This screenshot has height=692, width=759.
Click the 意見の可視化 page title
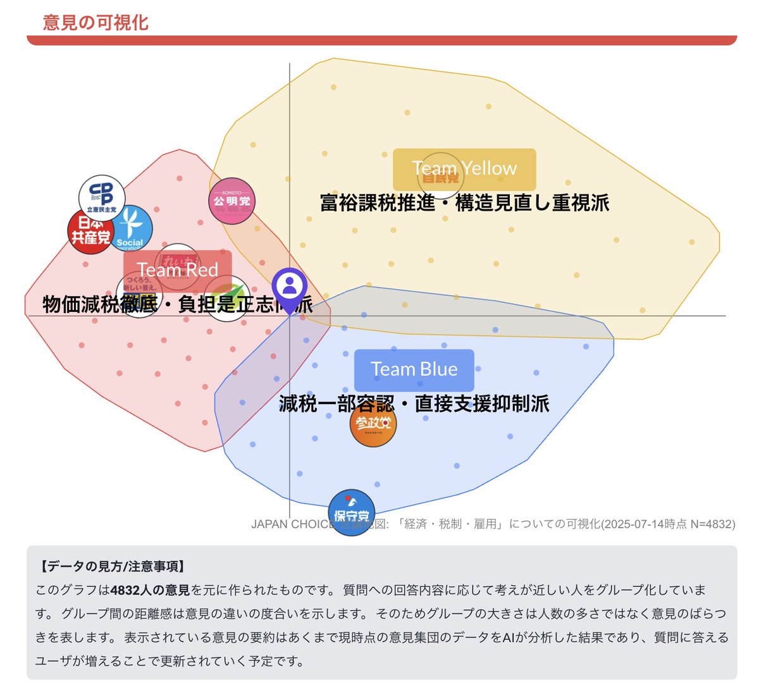tap(96, 23)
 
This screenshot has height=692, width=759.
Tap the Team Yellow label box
tap(464, 169)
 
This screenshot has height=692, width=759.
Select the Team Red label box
tap(177, 270)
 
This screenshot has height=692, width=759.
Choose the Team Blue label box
tap(414, 369)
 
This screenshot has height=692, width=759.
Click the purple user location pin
tap(290, 288)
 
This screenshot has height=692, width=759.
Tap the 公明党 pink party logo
tap(231, 201)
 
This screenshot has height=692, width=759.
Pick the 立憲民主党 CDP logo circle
tap(102, 197)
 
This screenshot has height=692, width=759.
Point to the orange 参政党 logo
tap(373, 424)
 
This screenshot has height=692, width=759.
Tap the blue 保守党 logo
tap(352, 513)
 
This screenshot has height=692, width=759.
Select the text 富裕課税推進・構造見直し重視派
tap(464, 203)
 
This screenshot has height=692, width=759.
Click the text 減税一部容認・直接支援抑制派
tap(414, 404)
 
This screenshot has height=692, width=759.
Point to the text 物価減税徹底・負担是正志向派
tap(177, 304)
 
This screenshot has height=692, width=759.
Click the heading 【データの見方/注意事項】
tap(112, 566)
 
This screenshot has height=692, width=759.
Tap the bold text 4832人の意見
tap(150, 590)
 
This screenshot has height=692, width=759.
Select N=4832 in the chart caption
tap(713, 524)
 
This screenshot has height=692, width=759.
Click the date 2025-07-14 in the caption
tap(632, 524)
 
